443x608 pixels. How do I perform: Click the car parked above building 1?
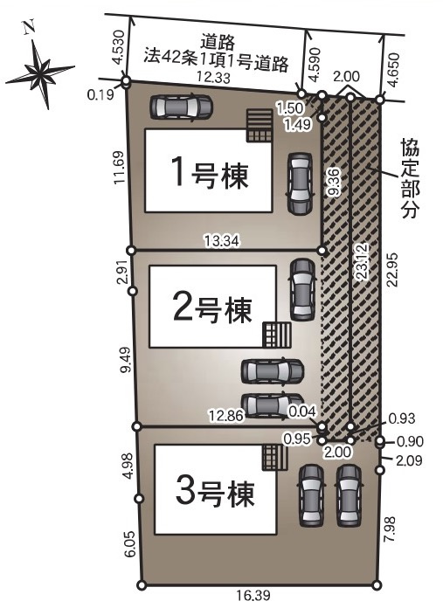181,107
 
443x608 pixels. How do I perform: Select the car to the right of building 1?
299,183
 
